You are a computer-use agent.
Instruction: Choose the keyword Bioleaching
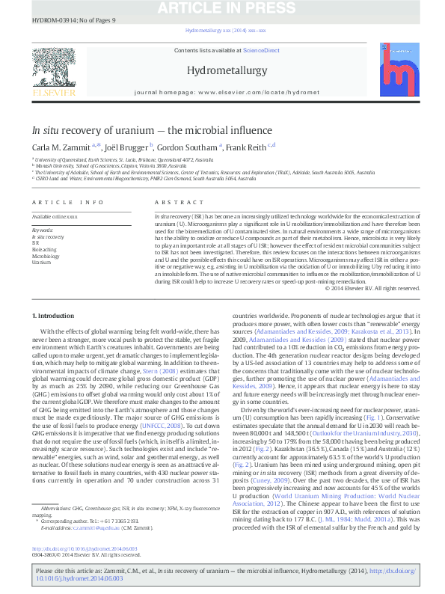pyautogui.click(x=43, y=249)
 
